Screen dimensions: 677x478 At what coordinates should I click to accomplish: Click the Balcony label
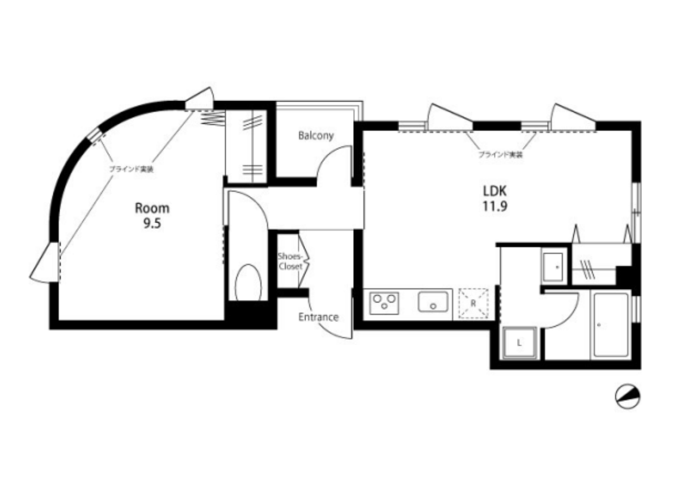[x=316, y=136]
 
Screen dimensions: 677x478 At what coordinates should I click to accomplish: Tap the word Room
[x=152, y=208]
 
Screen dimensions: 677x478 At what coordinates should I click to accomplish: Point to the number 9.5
[x=153, y=224]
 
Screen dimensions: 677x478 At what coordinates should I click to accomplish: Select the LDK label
[x=494, y=191]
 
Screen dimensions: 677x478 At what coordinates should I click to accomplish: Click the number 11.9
[x=495, y=207]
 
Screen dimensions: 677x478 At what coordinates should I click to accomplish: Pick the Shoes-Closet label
[x=290, y=262]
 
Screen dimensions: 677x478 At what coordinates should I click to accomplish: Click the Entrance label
[x=319, y=317]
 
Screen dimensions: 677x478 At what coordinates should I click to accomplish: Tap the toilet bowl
[x=248, y=282]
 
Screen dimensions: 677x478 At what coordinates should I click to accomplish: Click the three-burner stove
[x=384, y=303]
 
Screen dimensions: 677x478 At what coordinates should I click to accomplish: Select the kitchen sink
[x=434, y=301]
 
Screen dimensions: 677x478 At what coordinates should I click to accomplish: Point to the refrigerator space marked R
[x=473, y=303]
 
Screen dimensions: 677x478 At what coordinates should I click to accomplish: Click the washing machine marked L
[x=520, y=343]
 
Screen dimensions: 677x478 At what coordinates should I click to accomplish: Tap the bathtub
[x=611, y=325]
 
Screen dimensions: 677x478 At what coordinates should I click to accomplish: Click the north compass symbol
[x=627, y=396]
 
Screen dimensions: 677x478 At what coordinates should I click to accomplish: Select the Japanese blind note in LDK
[x=501, y=154]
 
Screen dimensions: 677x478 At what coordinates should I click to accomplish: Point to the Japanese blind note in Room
[x=131, y=169]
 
